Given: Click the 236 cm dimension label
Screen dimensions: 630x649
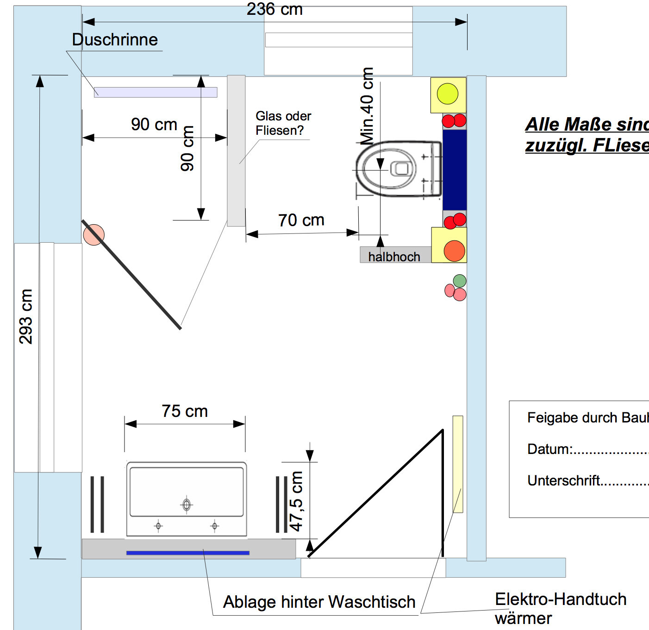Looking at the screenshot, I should [x=275, y=9].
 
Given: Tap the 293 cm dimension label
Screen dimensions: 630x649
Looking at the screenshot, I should [x=26, y=316].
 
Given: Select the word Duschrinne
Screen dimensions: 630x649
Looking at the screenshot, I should [x=115, y=40].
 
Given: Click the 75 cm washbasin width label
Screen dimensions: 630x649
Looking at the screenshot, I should [x=185, y=411].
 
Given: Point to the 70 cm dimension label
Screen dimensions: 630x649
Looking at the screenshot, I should [x=301, y=220].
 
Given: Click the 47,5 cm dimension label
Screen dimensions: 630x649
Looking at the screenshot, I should [x=296, y=501].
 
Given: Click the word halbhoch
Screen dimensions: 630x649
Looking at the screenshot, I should [x=394, y=257].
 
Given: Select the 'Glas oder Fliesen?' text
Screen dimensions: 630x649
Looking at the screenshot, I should [x=283, y=123].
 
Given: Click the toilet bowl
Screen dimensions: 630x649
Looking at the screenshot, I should [x=389, y=169].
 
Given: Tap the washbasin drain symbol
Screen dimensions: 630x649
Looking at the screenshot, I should [x=187, y=504].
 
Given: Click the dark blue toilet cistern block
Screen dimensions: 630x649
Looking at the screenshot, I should [x=454, y=170].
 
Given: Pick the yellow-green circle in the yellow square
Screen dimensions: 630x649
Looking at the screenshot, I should [x=448, y=94].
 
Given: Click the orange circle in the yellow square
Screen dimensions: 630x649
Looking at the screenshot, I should [x=454, y=251].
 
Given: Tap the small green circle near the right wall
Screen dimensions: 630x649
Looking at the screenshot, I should [x=460, y=281].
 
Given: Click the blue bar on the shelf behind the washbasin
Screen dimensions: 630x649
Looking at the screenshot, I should [x=188, y=553].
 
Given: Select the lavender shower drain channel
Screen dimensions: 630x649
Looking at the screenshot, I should [x=156, y=92].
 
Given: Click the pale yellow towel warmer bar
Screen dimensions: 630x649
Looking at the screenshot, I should [x=457, y=463].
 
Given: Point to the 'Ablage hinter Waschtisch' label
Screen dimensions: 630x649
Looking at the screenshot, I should [x=319, y=602].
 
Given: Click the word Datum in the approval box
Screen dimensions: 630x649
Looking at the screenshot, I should [x=549, y=449].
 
